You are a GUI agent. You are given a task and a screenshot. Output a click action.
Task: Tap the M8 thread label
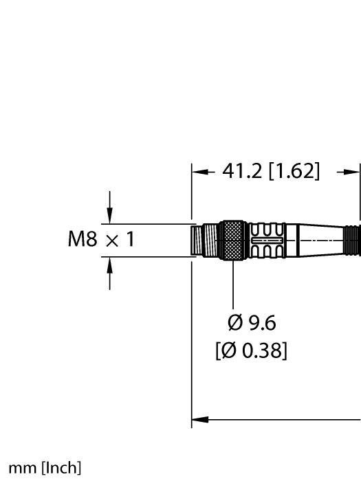[82, 240]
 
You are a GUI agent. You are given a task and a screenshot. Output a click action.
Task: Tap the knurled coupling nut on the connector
[232, 240]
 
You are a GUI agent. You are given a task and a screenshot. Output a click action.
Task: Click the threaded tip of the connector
[204, 240]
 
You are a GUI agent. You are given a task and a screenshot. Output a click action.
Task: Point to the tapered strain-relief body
[316, 240]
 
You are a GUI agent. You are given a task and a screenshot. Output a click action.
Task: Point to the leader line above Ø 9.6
[234, 285]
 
